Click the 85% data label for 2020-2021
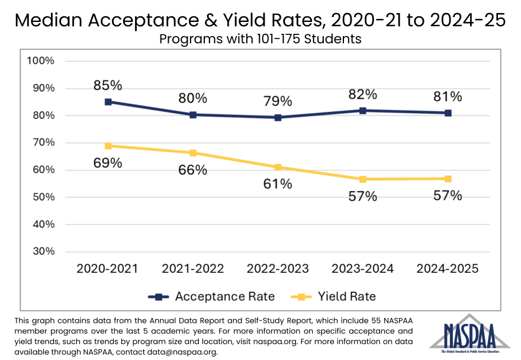[108, 85]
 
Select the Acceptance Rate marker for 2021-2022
[193, 115]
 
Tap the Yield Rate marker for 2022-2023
[278, 168]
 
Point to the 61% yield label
[278, 184]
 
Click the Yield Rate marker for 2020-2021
[108, 146]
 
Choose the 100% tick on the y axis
[40, 61]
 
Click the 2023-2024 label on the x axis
[363, 268]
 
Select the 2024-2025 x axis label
[448, 268]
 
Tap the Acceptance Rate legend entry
[211, 296]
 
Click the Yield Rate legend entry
[333, 296]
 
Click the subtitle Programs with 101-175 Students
[260, 39]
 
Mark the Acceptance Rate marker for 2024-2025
[448, 112]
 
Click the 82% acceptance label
[363, 94]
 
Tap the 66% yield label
[193, 170]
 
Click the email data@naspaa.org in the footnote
[177, 352]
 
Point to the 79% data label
[278, 101]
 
